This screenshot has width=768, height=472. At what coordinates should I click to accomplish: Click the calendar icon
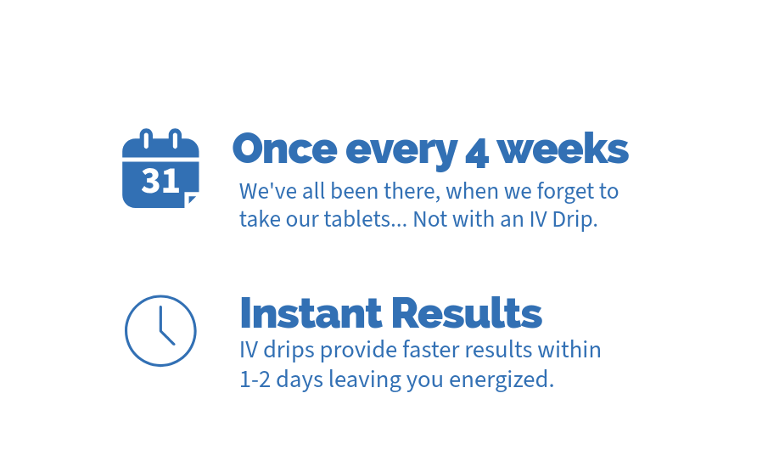click(160, 169)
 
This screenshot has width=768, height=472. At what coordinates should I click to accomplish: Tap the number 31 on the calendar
click(160, 180)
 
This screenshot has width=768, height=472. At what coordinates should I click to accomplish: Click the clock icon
click(160, 330)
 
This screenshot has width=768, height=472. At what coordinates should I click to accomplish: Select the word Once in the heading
click(284, 149)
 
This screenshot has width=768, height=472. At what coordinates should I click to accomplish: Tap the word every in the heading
click(401, 152)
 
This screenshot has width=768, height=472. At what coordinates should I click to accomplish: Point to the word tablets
click(365, 219)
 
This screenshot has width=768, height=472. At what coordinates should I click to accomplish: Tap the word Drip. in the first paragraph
click(575, 220)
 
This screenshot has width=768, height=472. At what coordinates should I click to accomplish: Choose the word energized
click(502, 379)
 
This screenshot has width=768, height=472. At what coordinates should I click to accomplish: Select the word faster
click(431, 350)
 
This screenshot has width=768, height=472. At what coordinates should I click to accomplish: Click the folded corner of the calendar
click(192, 199)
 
